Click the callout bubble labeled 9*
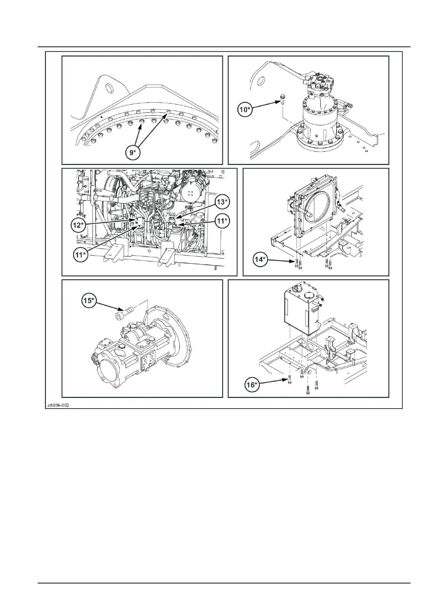pos(133,153)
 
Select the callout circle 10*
pos(245,109)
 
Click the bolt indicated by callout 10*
pos(283,97)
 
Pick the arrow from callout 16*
pos(272,382)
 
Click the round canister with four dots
pos(190,191)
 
